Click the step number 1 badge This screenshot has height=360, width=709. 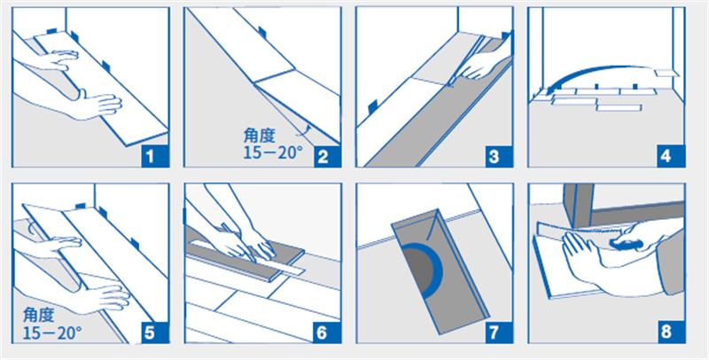click(155, 157)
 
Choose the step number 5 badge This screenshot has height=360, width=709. click(155, 333)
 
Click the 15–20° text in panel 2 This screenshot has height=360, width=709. click(273, 153)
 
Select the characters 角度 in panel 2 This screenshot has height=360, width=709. click(259, 136)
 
